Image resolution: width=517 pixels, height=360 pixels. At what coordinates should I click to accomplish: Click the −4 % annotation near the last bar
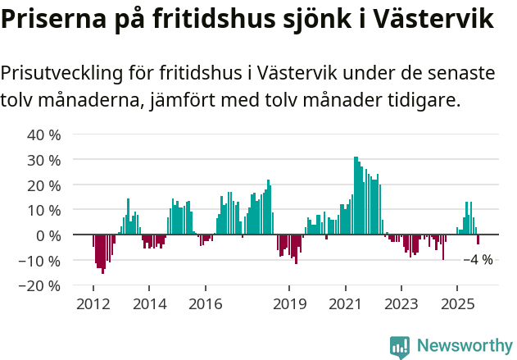click(x=478, y=260)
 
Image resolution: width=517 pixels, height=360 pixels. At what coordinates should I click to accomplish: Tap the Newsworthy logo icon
click(x=400, y=346)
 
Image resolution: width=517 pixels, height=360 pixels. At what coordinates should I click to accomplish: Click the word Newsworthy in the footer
click(x=464, y=346)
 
